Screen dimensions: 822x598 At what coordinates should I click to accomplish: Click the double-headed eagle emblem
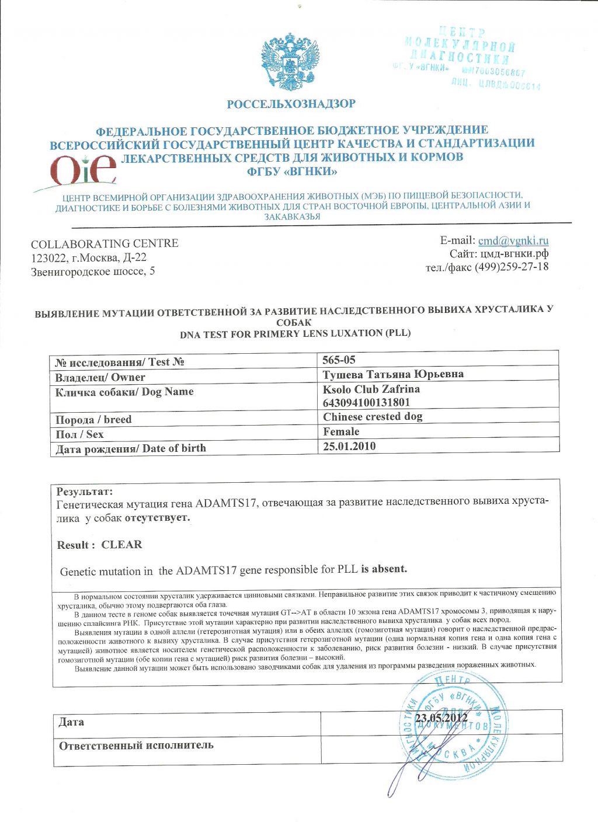(290, 61)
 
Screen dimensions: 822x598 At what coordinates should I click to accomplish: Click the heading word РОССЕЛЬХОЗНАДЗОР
(291, 105)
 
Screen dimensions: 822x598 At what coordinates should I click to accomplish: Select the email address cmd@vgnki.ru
(513, 241)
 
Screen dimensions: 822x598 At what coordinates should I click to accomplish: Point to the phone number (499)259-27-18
(511, 267)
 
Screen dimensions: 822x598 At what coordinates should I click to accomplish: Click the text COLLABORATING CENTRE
(105, 243)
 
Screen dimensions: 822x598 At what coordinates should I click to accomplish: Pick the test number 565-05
(339, 360)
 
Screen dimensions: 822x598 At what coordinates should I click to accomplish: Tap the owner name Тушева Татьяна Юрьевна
(393, 374)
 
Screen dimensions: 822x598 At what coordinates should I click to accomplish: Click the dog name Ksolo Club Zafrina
(371, 389)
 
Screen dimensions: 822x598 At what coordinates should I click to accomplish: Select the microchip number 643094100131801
(366, 402)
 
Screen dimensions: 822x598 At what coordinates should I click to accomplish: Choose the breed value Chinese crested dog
(373, 417)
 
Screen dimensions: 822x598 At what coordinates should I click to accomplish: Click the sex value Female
(341, 431)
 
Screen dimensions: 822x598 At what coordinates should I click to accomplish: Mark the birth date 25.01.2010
(349, 447)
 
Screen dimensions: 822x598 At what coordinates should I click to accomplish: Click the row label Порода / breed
(93, 420)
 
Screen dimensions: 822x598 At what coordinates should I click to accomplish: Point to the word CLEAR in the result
(121, 545)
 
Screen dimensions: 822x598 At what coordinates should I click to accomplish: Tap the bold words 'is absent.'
(384, 569)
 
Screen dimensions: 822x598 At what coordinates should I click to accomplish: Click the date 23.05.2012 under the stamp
(441, 718)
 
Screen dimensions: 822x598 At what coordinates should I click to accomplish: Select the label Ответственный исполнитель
(136, 746)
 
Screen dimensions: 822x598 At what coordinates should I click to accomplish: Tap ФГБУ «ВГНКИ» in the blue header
(292, 172)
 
